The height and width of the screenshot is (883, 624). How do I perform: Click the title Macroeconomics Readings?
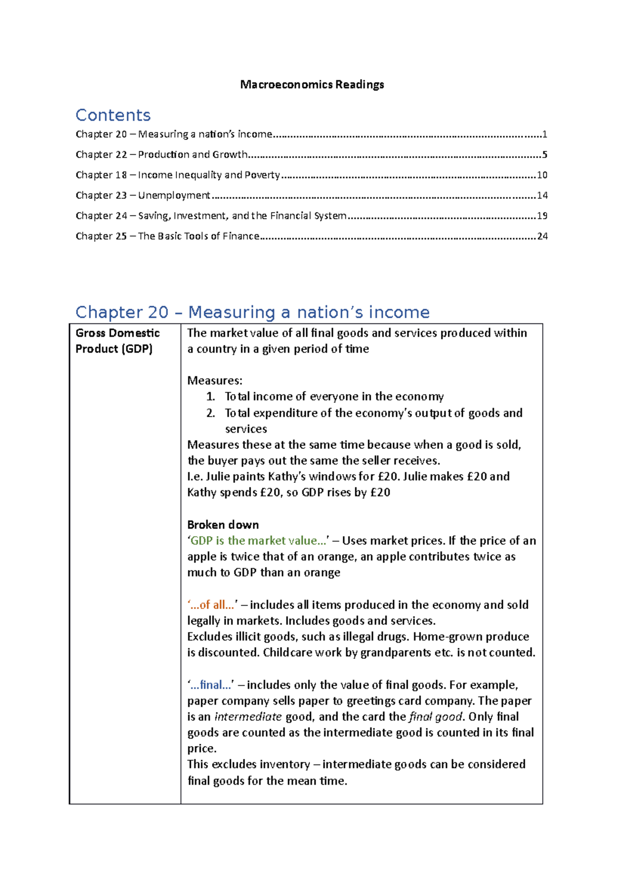click(312, 84)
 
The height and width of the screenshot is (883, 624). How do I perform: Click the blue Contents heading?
click(113, 115)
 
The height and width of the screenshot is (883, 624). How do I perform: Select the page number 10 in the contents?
click(542, 175)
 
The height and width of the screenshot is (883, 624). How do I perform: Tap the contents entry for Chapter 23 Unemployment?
click(143, 195)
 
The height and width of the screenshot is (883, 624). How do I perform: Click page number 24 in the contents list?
click(542, 236)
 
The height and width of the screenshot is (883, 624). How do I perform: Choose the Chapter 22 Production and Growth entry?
click(161, 154)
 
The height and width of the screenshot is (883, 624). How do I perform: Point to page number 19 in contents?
click(542, 216)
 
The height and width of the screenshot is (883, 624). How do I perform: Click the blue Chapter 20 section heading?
click(252, 312)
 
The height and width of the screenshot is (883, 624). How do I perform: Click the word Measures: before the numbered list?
click(215, 381)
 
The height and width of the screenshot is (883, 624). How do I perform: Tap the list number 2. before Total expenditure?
click(211, 413)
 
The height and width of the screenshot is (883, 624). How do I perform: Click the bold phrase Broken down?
click(223, 525)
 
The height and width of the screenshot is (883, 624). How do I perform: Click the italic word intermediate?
click(248, 717)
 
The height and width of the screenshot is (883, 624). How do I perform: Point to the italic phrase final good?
click(436, 717)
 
